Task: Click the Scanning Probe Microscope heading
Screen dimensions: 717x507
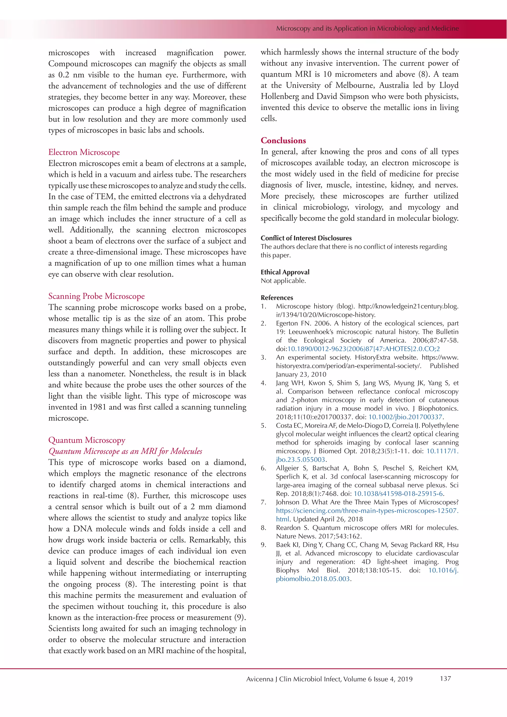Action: [x=97, y=296]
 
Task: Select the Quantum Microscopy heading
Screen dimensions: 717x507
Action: [x=87, y=440]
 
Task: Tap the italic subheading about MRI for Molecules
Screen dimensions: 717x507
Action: [x=125, y=451]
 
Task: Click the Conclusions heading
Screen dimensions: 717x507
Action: [x=283, y=141]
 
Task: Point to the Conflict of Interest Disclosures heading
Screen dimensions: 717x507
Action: [x=306, y=238]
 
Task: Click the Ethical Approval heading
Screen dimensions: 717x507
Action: [x=285, y=272]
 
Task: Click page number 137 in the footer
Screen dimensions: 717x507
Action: [x=445, y=679]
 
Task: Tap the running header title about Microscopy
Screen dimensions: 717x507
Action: [x=367, y=28]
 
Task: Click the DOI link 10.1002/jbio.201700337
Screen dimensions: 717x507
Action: [x=405, y=417]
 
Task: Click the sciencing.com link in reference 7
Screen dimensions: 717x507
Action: [x=367, y=511]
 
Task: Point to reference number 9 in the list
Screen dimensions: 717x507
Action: [x=263, y=545]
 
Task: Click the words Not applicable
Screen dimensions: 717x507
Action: [x=283, y=281]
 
